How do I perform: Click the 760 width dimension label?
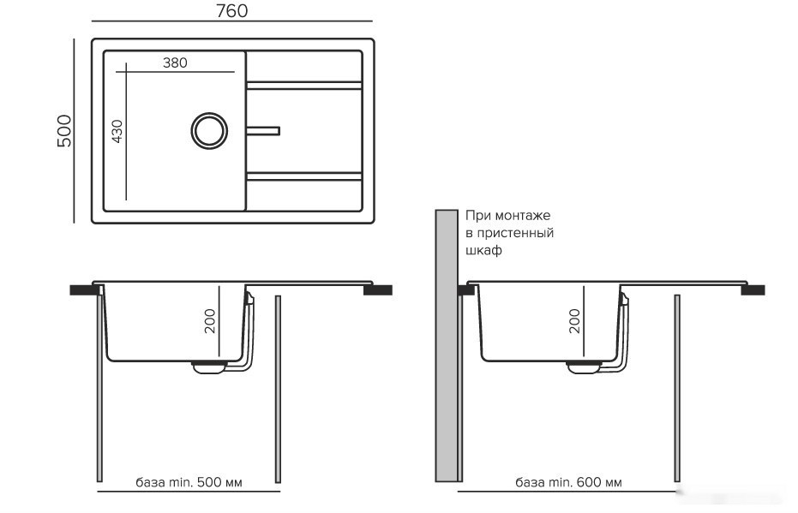click(x=231, y=10)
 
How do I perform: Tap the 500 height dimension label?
click(x=64, y=131)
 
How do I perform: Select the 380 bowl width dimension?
click(x=175, y=63)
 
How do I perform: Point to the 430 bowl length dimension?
click(x=117, y=132)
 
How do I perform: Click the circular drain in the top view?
click(x=209, y=131)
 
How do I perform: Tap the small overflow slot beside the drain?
click(x=263, y=131)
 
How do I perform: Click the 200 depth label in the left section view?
click(x=210, y=321)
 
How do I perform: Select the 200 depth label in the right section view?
click(x=574, y=321)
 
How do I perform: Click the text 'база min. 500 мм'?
click(x=189, y=482)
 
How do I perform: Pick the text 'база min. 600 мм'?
click(x=568, y=482)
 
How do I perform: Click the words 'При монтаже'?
click(x=508, y=216)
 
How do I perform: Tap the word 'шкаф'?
click(x=484, y=251)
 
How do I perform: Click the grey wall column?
click(x=447, y=346)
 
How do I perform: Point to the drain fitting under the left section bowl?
click(x=208, y=367)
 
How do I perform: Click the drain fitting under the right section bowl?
click(x=584, y=367)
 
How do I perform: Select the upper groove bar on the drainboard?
click(x=304, y=86)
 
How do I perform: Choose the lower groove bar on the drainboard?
click(x=304, y=176)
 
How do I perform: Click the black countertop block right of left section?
click(x=378, y=290)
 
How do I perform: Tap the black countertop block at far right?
click(x=753, y=290)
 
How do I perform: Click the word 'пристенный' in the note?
click(x=514, y=233)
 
